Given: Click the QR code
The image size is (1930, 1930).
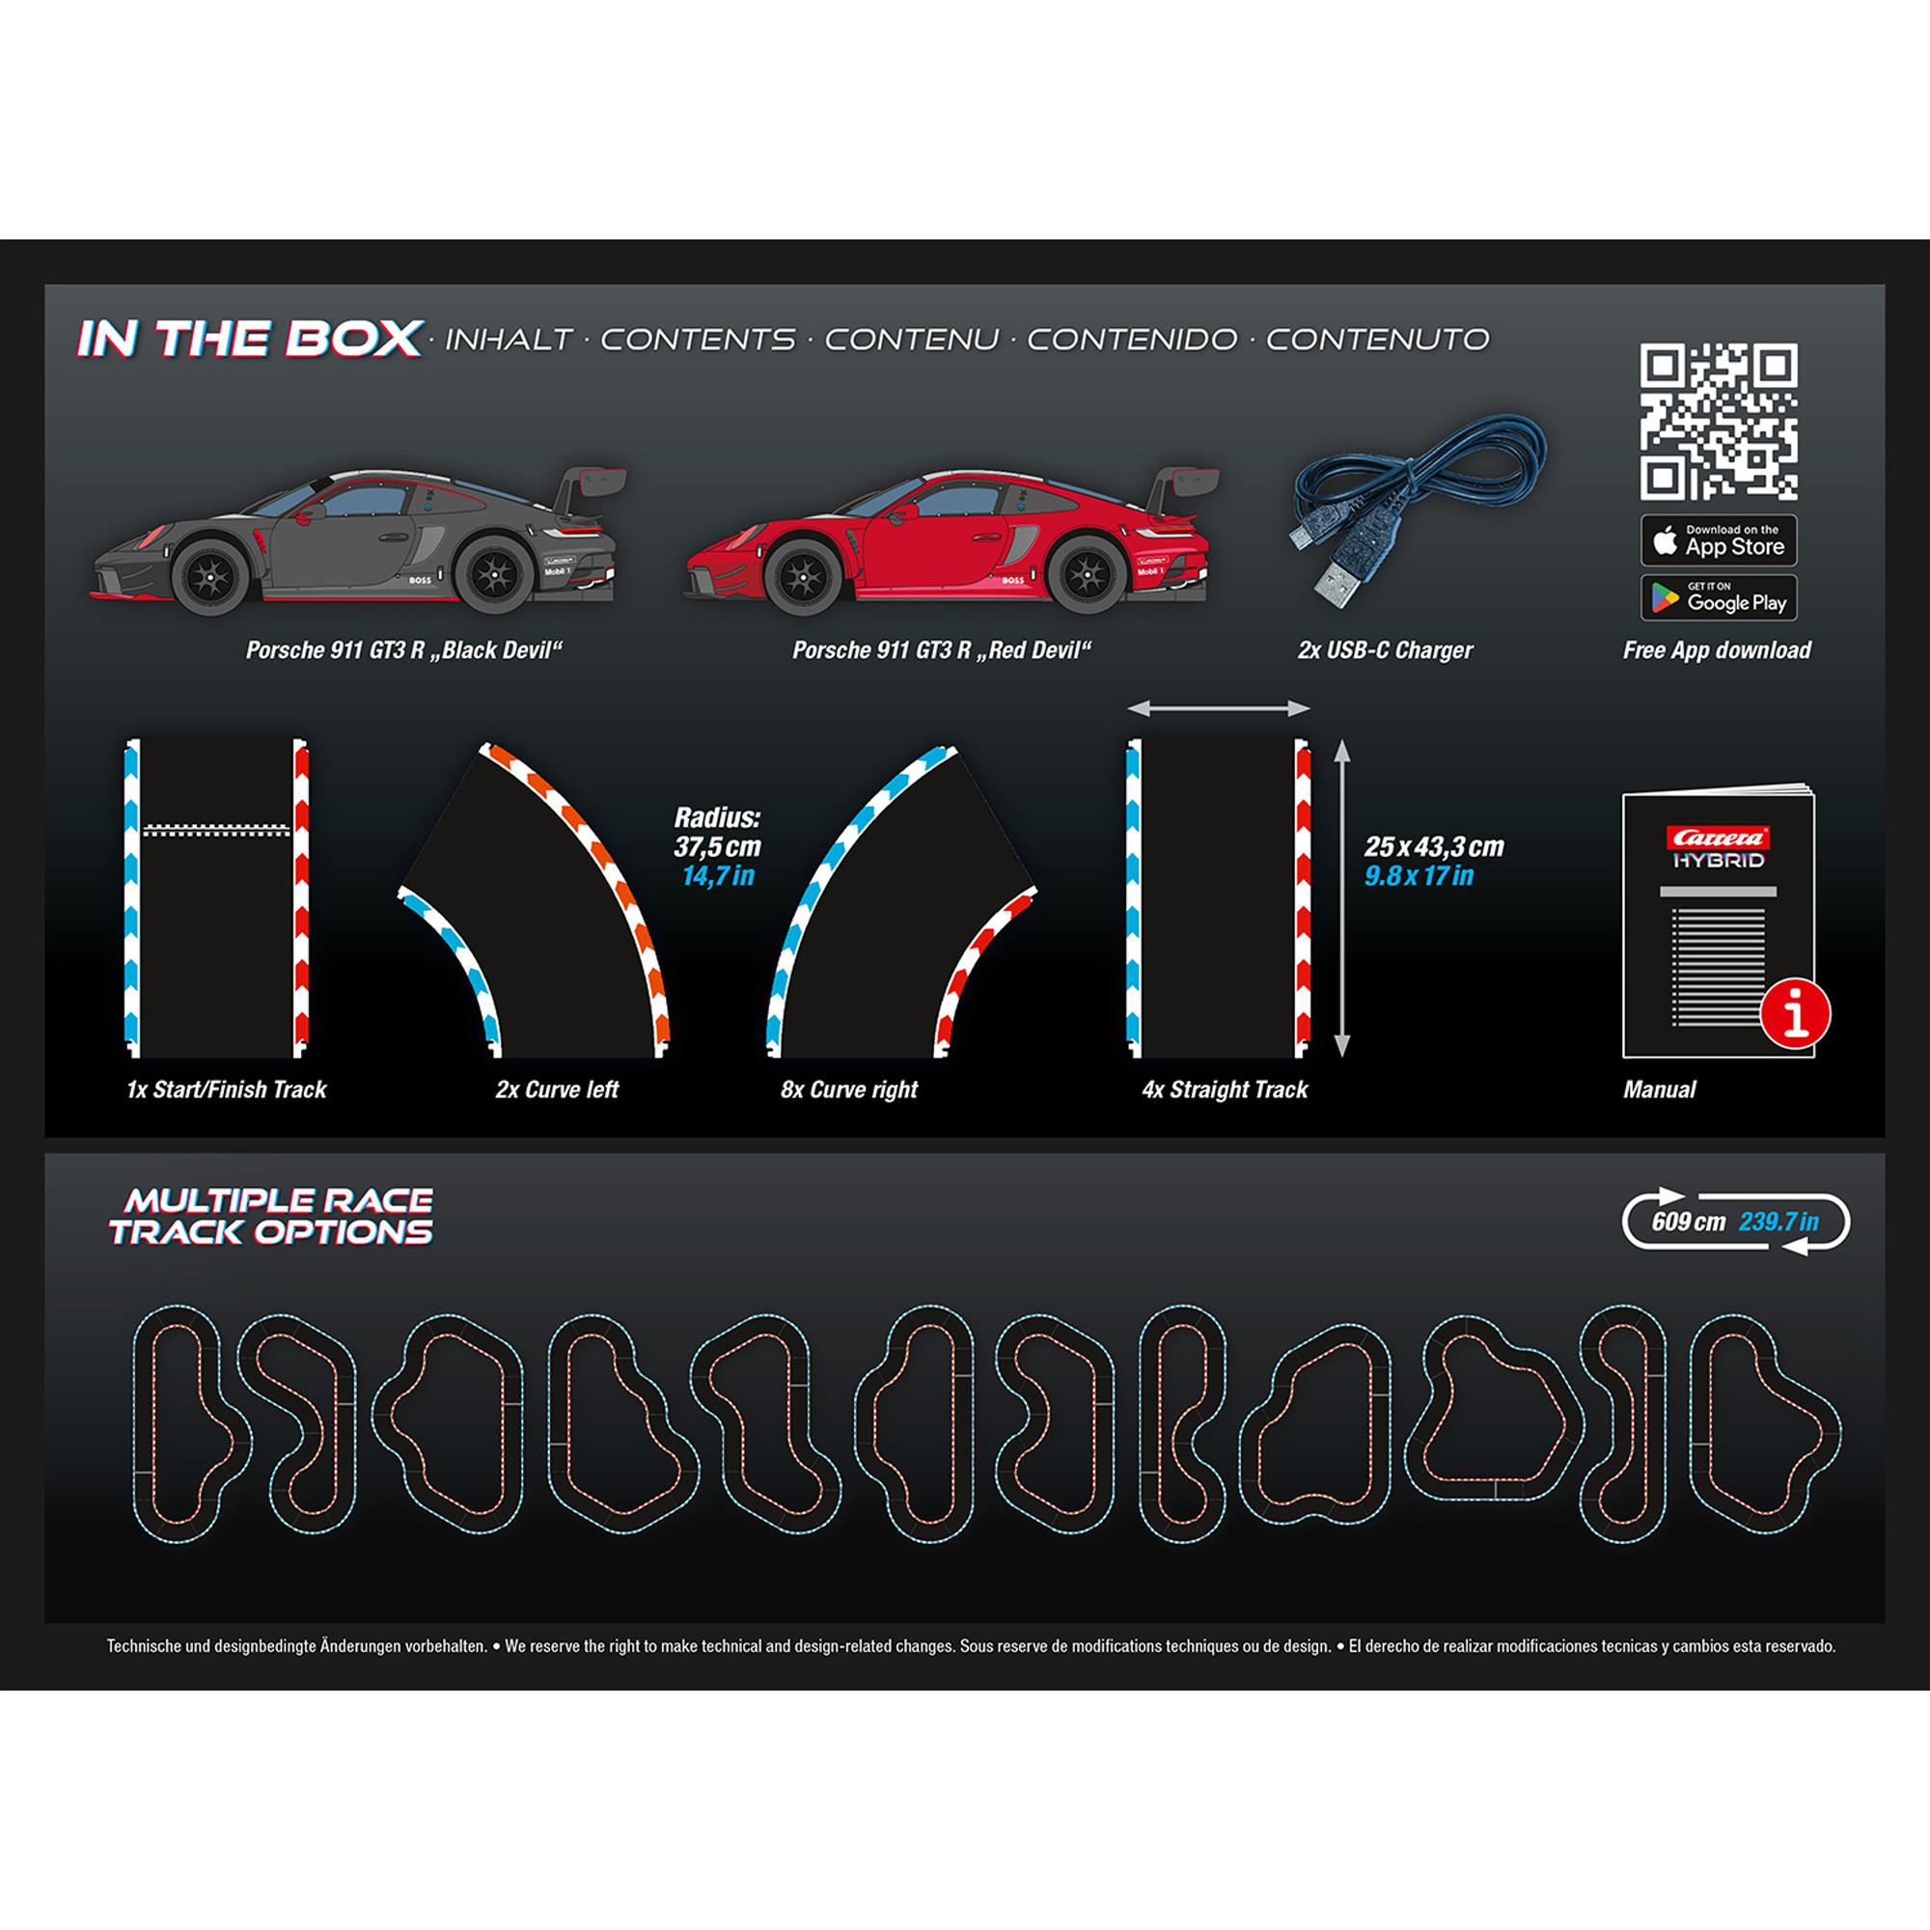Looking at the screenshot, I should tap(1719, 422).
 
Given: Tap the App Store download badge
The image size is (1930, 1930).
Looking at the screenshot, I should tap(1719, 540).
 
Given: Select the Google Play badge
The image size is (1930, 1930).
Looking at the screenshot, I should tap(1719, 597).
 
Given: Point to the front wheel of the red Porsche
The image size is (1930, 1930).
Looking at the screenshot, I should tap(803, 574).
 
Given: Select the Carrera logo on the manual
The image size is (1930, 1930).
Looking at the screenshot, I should tap(1720, 837).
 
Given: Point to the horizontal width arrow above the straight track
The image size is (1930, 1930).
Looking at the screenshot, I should tap(1219, 708).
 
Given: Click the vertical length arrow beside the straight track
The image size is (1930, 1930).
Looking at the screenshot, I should tap(1341, 898).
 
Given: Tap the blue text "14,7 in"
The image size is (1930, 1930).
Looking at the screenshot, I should tap(717, 877).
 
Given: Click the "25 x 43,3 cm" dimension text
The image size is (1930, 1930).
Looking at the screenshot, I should tap(1434, 847).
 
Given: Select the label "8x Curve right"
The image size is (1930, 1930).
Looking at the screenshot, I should tap(849, 1089).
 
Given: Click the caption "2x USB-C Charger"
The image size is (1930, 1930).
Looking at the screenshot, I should tap(1385, 650).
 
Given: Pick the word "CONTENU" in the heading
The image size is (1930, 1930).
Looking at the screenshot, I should tap(911, 340).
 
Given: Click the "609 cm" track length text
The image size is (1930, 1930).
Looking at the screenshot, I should tap(1688, 1222).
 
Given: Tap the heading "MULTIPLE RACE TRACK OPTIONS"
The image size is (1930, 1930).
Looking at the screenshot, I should tap(272, 1216).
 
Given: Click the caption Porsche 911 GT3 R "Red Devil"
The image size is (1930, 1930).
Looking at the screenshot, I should tap(941, 650).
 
